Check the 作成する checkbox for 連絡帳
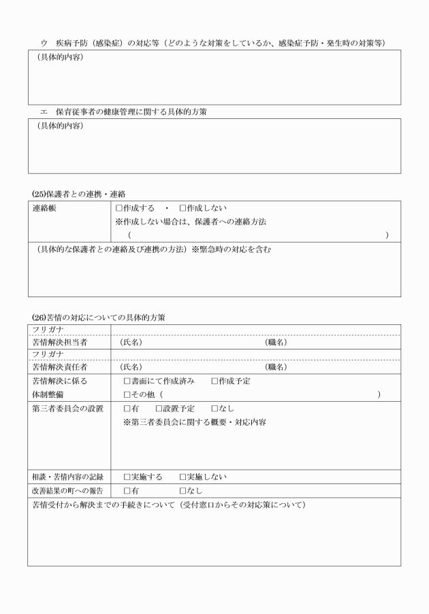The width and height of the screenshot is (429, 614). pos(119,208)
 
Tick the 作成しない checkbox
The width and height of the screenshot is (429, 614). pos(182,208)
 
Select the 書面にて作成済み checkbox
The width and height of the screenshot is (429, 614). pos(127,381)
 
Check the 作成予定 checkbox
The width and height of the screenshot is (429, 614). pos(214,381)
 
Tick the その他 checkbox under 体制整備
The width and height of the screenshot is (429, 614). pos(127,394)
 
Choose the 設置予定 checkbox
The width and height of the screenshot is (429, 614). pos(159,409)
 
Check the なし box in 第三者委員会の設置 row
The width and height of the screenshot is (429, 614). pos(214,409)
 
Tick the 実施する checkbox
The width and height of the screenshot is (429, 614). pos(127,477)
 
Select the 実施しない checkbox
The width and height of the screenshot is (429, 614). pos(182,477)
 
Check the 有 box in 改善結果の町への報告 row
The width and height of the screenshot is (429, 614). pos(127,490)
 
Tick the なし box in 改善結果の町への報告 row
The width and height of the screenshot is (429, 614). pos(182,490)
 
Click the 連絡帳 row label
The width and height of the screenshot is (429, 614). pos(44,208)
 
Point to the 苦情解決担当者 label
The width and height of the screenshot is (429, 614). pos(59,342)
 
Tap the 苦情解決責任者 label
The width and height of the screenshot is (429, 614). pos(59,367)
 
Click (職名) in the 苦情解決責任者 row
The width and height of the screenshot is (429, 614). pos(276,367)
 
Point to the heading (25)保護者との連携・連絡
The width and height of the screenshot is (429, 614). pos(78,194)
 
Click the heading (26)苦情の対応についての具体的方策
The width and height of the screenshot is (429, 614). pos(98,318)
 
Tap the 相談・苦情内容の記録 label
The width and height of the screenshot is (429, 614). pos(67,477)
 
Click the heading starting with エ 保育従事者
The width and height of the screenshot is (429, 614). pos(123,112)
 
